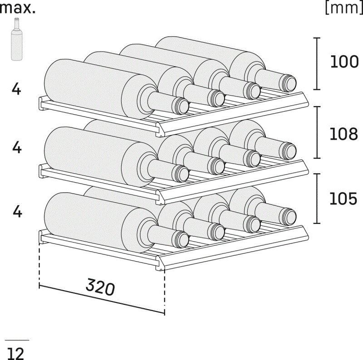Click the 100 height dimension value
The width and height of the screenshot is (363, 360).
tap(343, 62)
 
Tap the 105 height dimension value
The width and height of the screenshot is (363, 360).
tap(343, 199)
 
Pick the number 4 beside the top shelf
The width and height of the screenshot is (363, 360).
tap(17, 89)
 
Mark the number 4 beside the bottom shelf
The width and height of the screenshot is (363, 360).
tap(17, 211)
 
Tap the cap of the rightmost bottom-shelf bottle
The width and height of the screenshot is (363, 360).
tap(289, 214)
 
